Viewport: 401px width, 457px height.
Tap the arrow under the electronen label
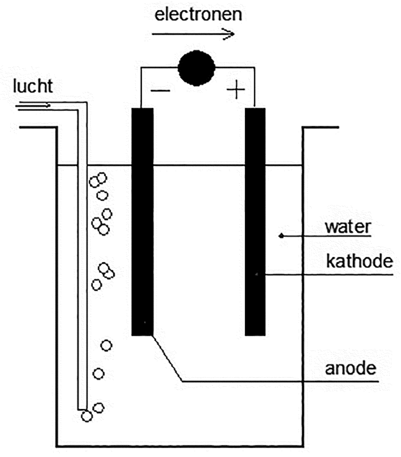(193, 34)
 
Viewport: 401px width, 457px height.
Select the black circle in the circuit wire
(196, 67)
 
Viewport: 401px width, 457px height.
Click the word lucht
(33, 87)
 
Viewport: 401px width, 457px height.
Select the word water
(348, 227)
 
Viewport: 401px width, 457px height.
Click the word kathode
(360, 262)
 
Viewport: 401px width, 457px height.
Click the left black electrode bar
(142, 221)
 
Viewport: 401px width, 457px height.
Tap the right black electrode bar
(255, 221)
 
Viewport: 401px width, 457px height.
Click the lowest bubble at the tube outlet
(86, 416)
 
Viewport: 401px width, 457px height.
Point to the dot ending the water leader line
(281, 236)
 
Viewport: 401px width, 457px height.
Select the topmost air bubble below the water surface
(102, 178)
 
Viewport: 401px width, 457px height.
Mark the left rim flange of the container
(38, 127)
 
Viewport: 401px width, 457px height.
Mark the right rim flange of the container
(320, 127)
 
